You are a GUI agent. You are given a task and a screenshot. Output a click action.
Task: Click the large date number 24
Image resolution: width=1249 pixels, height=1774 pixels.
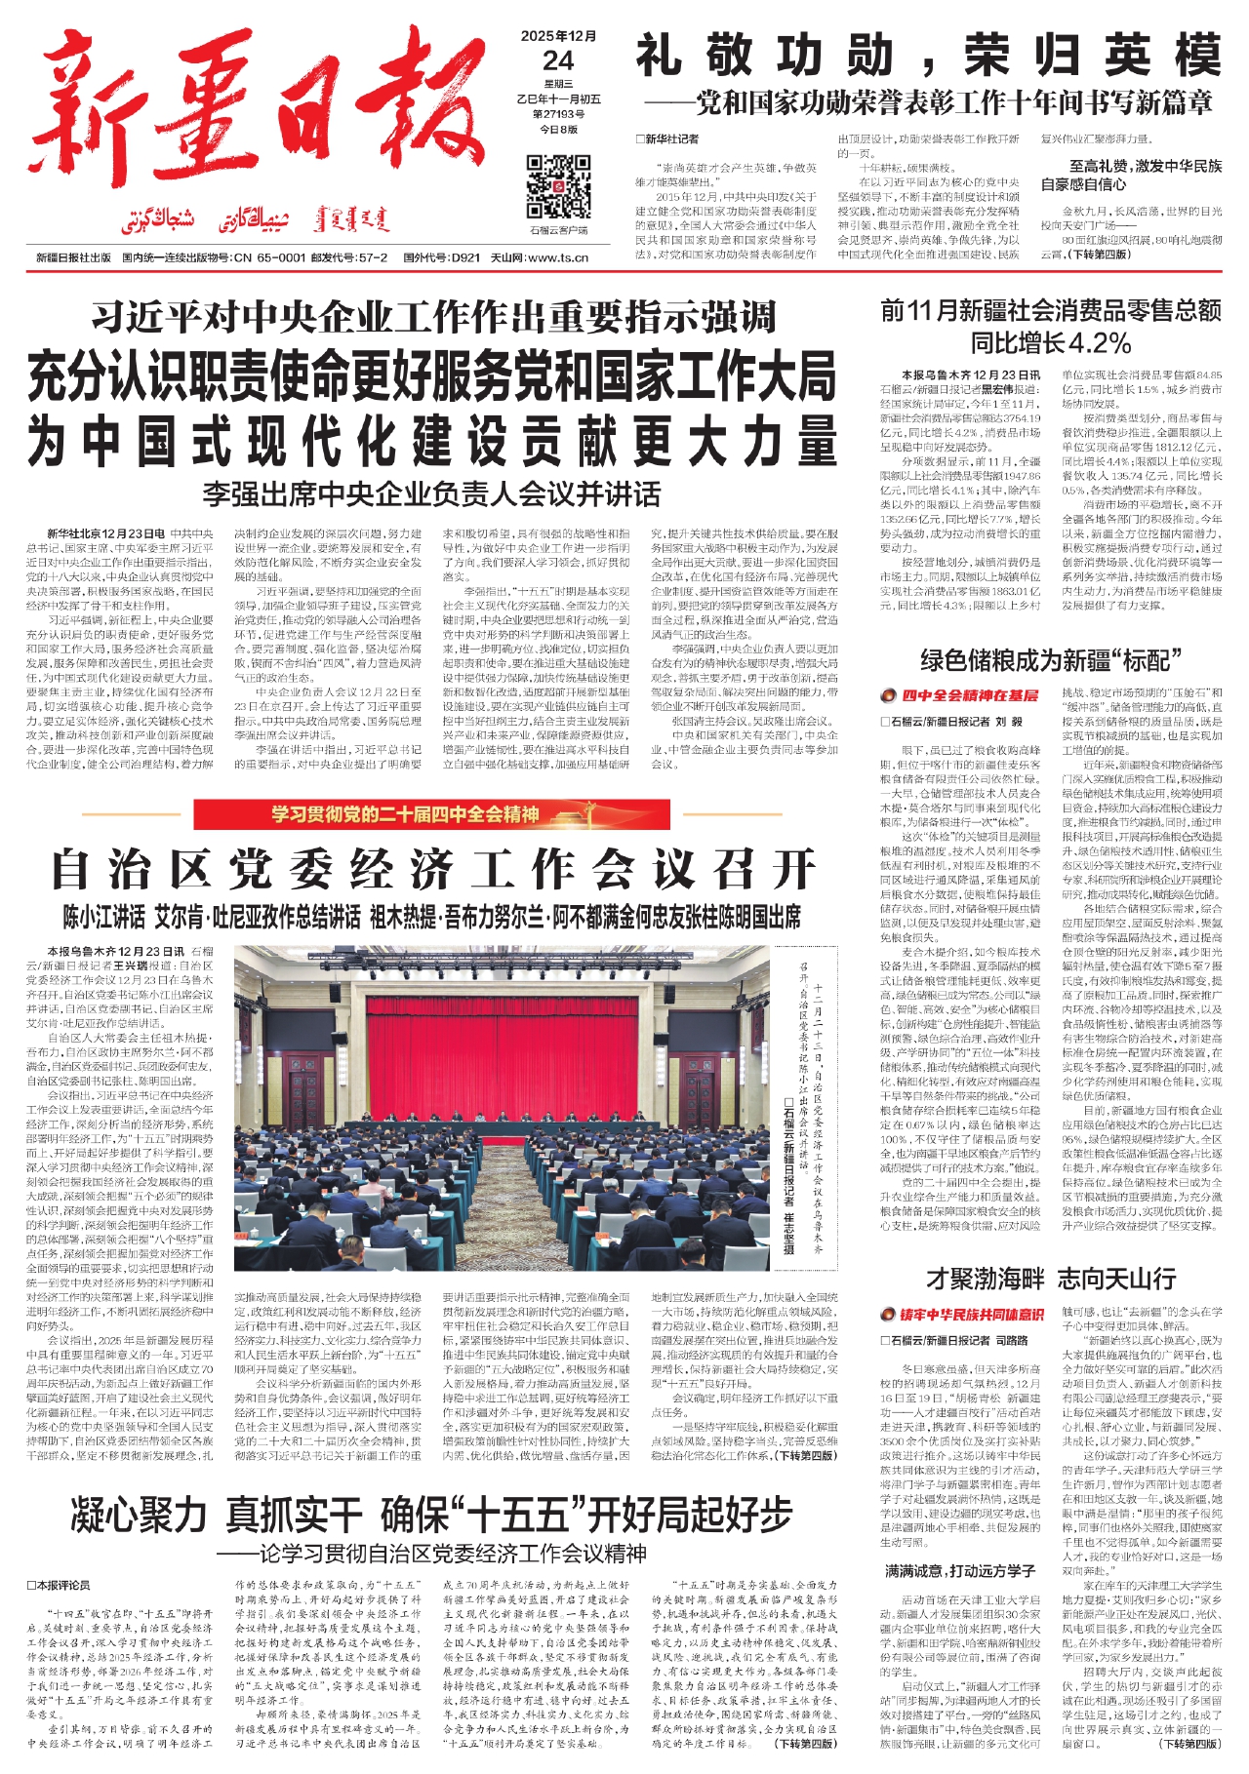558,60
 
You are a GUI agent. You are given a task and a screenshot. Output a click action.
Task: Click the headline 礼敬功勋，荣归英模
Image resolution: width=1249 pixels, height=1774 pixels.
928,56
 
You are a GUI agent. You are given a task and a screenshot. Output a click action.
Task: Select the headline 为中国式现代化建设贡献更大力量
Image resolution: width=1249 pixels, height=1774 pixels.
432,441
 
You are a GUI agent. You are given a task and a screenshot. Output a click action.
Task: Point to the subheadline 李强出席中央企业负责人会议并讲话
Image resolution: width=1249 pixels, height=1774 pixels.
431,493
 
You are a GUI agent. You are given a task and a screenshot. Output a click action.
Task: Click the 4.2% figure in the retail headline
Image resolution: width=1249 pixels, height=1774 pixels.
1099,343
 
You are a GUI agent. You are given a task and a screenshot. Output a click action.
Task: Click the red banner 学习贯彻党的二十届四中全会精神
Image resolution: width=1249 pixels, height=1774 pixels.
405,813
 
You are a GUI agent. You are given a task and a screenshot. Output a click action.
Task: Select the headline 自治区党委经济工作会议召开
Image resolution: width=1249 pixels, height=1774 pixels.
432,868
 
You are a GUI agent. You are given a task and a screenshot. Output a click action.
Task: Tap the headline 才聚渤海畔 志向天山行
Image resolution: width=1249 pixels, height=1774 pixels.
1050,1279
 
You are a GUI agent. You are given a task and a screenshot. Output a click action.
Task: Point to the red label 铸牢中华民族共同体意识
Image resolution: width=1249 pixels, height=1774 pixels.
971,1315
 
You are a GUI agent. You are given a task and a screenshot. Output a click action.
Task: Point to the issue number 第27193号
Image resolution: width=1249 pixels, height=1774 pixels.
558,114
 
